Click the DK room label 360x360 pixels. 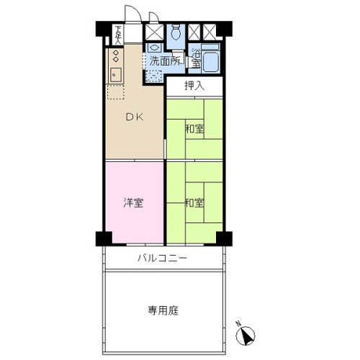click(135, 117)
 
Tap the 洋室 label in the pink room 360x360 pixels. click(133, 203)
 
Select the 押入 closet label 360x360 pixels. click(194, 86)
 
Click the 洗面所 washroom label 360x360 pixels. click(165, 61)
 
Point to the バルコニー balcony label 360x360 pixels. click(162, 258)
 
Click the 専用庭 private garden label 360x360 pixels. click(163, 310)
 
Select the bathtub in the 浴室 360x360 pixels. click(210, 62)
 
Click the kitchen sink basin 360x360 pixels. click(116, 75)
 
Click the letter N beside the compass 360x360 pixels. click(238, 324)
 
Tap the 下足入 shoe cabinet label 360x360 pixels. click(118, 35)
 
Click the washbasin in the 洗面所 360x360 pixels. click(153, 48)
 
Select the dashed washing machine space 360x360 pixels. click(154, 76)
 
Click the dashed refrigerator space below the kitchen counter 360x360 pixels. click(115, 91)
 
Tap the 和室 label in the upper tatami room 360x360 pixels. click(194, 129)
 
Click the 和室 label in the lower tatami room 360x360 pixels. click(194, 203)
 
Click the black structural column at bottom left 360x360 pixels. click(104, 238)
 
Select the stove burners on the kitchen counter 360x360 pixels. click(116, 55)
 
